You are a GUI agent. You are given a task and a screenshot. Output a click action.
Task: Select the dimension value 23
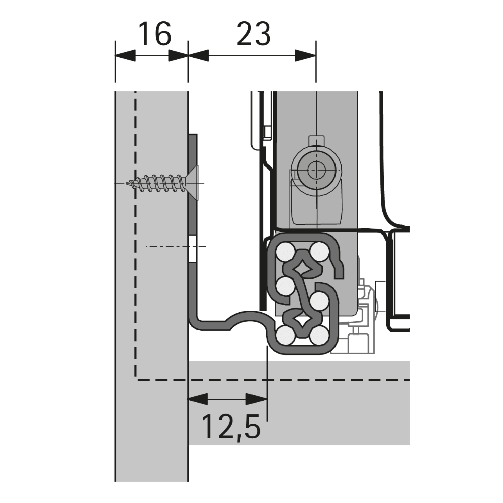254,34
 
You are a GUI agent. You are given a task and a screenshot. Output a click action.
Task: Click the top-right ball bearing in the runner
317,250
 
